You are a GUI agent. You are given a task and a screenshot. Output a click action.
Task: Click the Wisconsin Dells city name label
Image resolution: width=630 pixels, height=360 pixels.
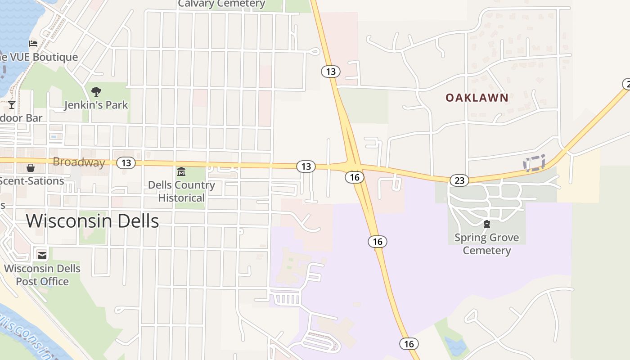pyautogui.click(x=92, y=221)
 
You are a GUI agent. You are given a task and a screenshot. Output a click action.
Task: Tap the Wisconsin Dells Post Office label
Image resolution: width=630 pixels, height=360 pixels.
pyautogui.click(x=42, y=275)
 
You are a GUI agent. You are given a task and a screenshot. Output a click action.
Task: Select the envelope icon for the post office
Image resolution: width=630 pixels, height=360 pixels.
pyautogui.click(x=42, y=256)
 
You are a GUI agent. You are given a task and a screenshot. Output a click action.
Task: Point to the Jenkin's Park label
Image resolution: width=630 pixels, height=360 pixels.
pyautogui.click(x=96, y=105)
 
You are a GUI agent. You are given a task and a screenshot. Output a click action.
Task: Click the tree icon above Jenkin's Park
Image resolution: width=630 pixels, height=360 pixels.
pyautogui.click(x=96, y=92)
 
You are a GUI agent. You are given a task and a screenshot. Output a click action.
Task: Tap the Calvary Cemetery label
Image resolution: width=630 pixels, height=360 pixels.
pyautogui.click(x=221, y=4)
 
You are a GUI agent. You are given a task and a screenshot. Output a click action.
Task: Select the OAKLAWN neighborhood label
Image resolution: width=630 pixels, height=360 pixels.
pyautogui.click(x=477, y=98)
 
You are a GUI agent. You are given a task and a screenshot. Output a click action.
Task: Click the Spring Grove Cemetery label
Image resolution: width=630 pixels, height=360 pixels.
pyautogui.click(x=486, y=244)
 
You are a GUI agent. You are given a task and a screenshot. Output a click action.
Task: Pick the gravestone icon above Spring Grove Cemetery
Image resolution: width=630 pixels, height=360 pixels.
pyautogui.click(x=486, y=224)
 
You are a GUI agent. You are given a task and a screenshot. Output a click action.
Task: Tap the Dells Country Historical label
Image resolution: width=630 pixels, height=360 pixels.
pyautogui.click(x=182, y=191)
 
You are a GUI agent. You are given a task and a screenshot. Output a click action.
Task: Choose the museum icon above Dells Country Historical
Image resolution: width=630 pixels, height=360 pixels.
pyautogui.click(x=181, y=172)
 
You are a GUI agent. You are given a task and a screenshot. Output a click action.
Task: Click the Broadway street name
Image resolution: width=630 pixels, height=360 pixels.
pyautogui.click(x=79, y=162)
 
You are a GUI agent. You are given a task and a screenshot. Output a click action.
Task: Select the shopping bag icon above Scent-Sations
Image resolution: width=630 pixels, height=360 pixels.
pyautogui.click(x=31, y=168)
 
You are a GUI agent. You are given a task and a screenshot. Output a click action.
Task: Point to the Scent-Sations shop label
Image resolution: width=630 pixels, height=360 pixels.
pyautogui.click(x=31, y=181)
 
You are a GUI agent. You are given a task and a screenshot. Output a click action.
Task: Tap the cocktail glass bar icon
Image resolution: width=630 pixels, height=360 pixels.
pyautogui.click(x=12, y=105)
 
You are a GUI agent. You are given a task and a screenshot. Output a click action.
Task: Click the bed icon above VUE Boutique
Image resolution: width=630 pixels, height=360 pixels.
pyautogui.click(x=33, y=44)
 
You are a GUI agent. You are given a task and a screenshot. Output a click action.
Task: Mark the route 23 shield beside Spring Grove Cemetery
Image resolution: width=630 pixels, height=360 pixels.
pyautogui.click(x=459, y=181)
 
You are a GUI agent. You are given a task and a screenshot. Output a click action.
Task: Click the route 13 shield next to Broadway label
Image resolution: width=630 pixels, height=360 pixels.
pyautogui.click(x=126, y=163)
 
